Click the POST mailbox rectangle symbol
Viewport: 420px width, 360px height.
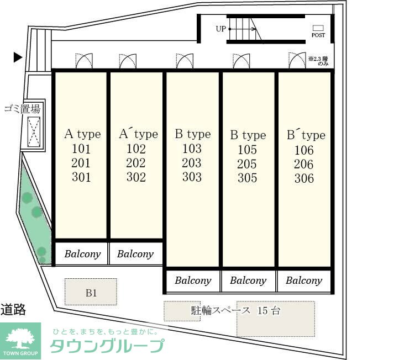click(x=318, y=28)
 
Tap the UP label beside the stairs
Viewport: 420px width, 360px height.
click(x=221, y=29)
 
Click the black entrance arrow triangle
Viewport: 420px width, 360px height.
click(x=18, y=57)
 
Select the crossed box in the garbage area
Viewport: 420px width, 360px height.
click(x=34, y=132)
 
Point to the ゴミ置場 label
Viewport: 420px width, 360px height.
click(x=23, y=109)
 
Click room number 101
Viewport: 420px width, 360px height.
click(x=81, y=149)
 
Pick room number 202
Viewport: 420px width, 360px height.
click(x=136, y=163)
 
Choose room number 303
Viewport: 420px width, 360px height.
click(x=192, y=177)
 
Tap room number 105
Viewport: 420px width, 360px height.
click(x=247, y=150)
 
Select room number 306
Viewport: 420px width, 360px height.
click(x=304, y=178)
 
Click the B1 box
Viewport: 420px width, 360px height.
click(x=91, y=292)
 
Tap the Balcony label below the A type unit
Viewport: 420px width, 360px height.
click(x=82, y=254)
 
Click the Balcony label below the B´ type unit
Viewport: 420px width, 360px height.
click(x=304, y=280)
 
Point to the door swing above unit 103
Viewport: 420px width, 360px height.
click(x=185, y=61)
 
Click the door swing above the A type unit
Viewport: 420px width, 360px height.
click(x=84, y=61)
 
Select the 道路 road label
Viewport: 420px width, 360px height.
click(x=13, y=310)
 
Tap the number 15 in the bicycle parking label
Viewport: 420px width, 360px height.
click(x=262, y=310)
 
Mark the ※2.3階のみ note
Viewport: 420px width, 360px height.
click(x=318, y=61)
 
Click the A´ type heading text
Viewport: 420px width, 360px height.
click(x=139, y=134)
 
